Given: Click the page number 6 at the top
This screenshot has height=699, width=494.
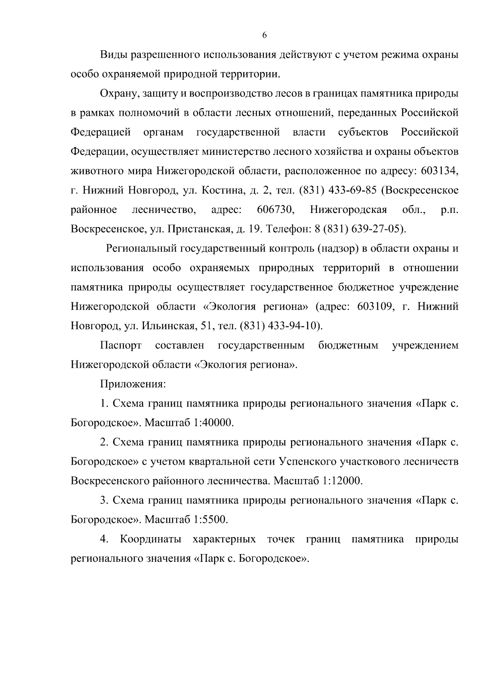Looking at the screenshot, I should (x=264, y=35).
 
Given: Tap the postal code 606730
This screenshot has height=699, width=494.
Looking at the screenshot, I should (x=275, y=210).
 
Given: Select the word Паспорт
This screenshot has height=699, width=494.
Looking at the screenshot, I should (x=121, y=345).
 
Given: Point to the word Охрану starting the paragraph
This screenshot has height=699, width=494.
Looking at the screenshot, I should (x=118, y=94).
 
